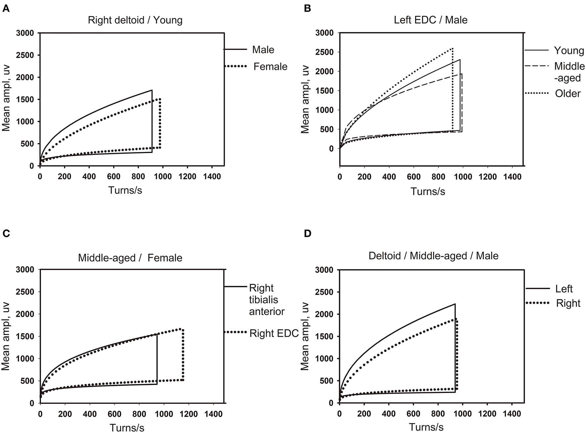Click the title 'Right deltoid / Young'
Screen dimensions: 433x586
tap(135, 20)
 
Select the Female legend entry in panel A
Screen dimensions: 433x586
tap(270, 67)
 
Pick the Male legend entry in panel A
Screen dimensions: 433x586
tap(263, 50)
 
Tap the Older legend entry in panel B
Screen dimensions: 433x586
tap(567, 93)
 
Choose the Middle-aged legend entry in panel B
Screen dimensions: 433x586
tap(569, 72)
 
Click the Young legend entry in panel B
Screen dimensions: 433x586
tap(569, 51)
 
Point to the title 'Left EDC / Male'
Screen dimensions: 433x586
tap(430, 20)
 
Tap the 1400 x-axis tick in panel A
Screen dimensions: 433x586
tap(212, 176)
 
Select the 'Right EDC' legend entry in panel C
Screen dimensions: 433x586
tap(274, 333)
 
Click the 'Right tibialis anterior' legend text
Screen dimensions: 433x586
tap(267, 300)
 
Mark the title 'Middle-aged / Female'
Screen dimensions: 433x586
tap(130, 258)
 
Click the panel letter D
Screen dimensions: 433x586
tap(308, 234)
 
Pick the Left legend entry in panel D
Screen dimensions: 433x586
tap(564, 289)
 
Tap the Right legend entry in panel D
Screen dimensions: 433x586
tap(568, 303)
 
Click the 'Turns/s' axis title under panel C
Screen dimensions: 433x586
tap(127, 427)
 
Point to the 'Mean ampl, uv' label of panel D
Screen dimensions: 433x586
tap(305, 336)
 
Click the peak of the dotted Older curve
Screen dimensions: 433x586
tap(452, 48)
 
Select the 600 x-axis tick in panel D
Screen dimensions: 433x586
tap(413, 413)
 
